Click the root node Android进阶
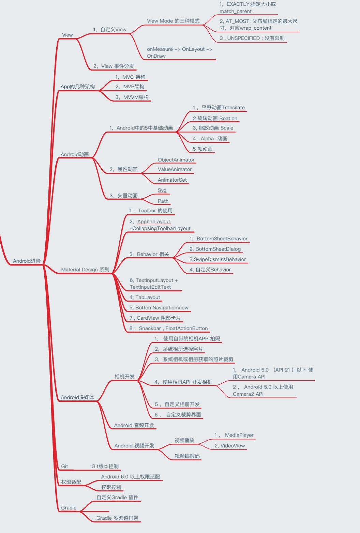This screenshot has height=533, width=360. (27, 261)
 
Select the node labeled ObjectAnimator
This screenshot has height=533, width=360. (176, 160)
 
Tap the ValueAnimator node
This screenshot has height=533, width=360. (175, 169)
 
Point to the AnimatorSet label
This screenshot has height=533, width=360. (172, 180)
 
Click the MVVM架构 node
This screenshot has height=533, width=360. (132, 97)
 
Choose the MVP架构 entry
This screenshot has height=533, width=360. (130, 87)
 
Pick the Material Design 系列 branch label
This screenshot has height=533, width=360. (85, 270)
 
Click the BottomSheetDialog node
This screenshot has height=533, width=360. (215, 249)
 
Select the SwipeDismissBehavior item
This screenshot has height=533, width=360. (217, 259)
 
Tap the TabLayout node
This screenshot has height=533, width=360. (145, 297)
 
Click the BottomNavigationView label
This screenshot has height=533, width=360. (159, 308)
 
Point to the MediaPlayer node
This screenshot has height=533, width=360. (234, 435)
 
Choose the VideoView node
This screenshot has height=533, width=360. (230, 446)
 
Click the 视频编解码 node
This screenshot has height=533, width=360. (187, 456)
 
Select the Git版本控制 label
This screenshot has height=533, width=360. (105, 466)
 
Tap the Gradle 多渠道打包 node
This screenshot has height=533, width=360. (117, 518)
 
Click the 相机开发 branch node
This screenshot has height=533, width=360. (124, 377)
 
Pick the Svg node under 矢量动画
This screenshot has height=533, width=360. (162, 190)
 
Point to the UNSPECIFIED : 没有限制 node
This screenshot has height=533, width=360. (252, 38)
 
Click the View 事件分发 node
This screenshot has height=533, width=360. (114, 66)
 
